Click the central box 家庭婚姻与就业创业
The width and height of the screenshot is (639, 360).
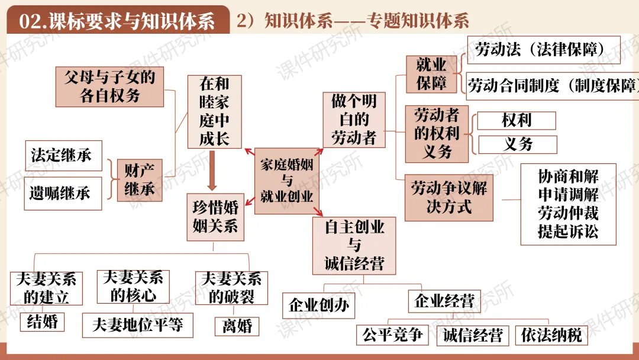[286, 181]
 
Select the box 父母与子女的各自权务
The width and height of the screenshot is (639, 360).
[114, 86]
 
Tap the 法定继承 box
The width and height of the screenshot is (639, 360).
[63, 156]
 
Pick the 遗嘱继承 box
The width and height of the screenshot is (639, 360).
[63, 192]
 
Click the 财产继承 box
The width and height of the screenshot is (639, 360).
[140, 180]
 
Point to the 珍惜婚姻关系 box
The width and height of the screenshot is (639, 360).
[215, 217]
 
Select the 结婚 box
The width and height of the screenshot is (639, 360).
[42, 322]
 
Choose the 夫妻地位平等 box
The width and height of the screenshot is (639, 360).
[137, 324]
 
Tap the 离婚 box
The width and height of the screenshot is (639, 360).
[237, 325]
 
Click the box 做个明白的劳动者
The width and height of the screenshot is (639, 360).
[354, 120]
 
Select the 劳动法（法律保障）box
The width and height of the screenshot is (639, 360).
[543, 50]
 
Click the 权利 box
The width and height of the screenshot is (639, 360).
[517, 121]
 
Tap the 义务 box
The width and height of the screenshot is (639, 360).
[518, 144]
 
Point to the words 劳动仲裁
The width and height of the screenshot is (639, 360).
[568, 213]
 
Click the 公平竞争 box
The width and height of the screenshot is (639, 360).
[392, 335]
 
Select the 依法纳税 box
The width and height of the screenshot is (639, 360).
[551, 336]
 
